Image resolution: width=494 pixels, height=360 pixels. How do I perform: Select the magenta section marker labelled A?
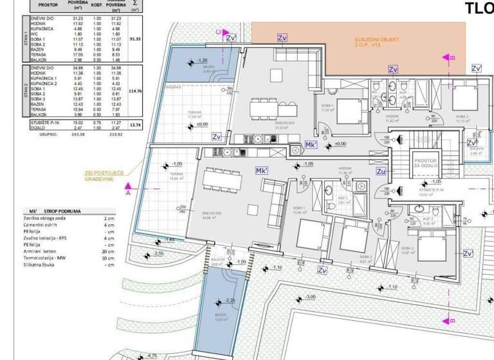click(x=127, y=192)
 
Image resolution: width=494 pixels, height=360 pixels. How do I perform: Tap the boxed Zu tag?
click(x=380, y=172)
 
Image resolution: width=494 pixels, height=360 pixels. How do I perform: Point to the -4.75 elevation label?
click(x=152, y=355)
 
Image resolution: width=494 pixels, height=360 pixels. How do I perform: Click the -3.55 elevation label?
click(x=158, y=254)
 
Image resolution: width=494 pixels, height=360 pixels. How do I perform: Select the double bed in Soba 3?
click(x=434, y=245)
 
